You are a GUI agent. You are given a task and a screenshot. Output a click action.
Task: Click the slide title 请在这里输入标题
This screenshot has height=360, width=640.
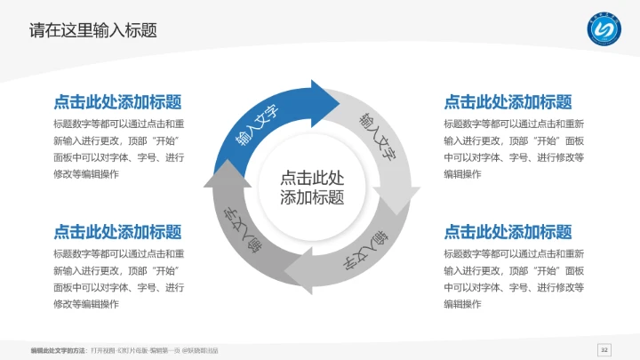click(x=93, y=30)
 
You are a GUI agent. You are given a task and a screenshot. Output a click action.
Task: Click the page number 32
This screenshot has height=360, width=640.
click(x=605, y=348)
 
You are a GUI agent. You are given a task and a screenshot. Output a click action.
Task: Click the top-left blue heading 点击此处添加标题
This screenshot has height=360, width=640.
click(x=118, y=102)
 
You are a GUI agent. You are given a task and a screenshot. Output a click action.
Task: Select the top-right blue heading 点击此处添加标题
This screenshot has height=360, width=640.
click(x=508, y=102)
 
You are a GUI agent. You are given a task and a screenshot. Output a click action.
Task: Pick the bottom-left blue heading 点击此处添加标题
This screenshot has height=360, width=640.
click(x=118, y=232)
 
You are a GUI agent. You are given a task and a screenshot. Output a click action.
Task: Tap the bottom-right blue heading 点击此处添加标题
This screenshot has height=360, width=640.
click(x=508, y=232)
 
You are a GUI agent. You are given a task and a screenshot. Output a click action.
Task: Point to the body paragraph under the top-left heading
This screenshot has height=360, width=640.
click(x=118, y=148)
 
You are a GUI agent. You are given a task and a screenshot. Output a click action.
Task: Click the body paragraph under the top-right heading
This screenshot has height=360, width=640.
click(x=514, y=148)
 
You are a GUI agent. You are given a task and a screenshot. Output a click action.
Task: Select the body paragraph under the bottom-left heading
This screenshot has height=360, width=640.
click(x=118, y=278)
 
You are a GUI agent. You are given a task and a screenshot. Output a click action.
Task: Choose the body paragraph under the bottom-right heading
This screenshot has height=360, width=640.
click(x=514, y=278)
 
